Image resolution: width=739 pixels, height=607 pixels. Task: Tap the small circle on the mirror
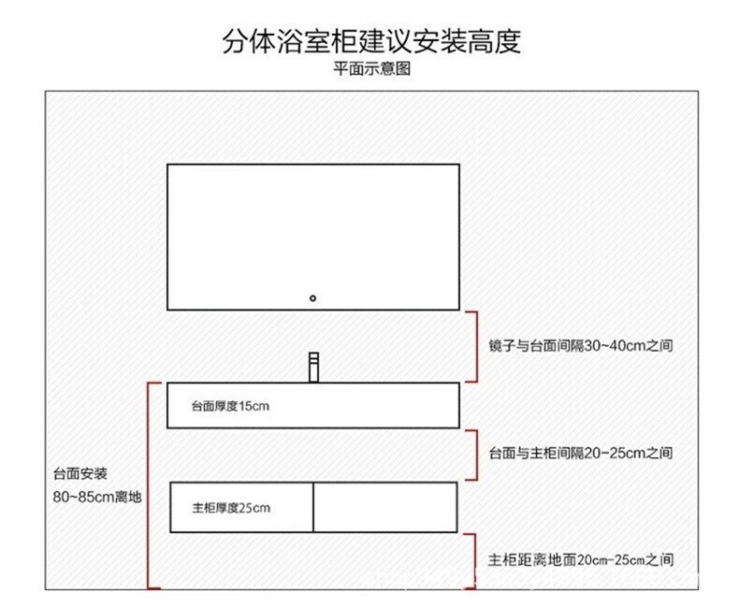click(313, 298)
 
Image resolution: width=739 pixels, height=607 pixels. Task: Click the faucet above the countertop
click(314, 367)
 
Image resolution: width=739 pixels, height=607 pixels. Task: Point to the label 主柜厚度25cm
click(231, 508)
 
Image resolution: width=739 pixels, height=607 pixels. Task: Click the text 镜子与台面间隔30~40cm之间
click(581, 345)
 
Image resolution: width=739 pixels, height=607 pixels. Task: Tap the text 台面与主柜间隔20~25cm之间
click(581, 453)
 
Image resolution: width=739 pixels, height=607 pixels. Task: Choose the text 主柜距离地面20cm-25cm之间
click(581, 560)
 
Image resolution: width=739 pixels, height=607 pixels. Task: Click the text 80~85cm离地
click(97, 497)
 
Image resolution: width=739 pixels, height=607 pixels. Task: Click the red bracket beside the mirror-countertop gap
click(474, 346)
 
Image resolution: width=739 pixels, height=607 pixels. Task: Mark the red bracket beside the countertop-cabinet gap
click(474, 455)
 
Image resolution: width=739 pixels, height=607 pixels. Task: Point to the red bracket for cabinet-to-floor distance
click(474, 560)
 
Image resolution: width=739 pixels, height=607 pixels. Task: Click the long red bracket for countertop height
click(150, 484)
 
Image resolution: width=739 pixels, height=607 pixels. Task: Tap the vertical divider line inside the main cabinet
click(312, 508)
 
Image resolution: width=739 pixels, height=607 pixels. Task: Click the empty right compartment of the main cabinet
click(384, 508)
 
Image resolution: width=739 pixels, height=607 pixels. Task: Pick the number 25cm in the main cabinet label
click(254, 508)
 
